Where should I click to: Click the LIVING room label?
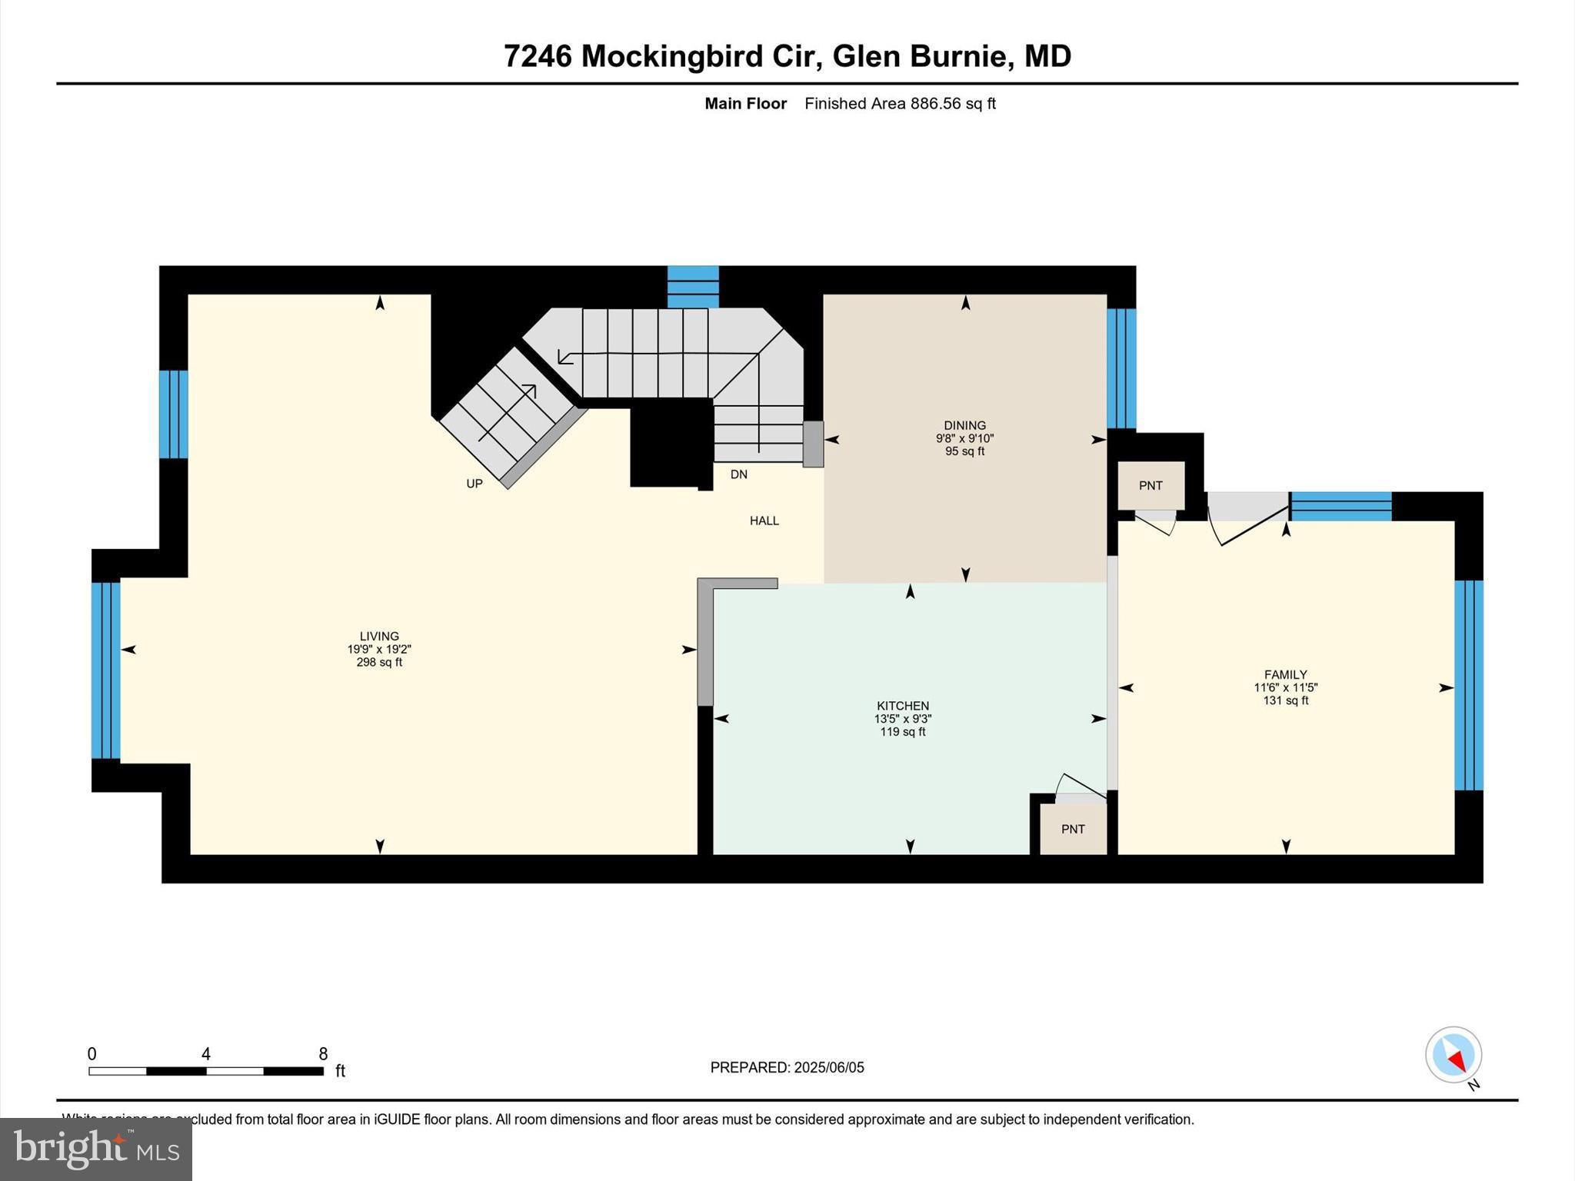coord(379,636)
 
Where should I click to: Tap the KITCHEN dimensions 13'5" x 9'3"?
coord(903,719)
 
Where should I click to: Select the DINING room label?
coord(964,425)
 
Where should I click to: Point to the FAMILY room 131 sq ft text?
coord(1285,700)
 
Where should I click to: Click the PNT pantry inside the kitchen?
coord(1073,829)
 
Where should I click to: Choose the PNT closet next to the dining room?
coord(1150,485)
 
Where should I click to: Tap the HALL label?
coord(764,521)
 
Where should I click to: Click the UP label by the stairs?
coord(474,484)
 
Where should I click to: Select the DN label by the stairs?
coord(738,474)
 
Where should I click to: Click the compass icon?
coord(1453,1055)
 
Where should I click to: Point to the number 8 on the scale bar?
coord(323,1054)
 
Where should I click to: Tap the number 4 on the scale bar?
coord(206,1054)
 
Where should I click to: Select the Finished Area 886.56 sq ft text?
coord(900,104)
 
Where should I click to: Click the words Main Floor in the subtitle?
coord(745,104)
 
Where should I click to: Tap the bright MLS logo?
coord(96,1149)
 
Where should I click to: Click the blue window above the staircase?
coord(692,286)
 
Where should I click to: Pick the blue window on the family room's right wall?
coord(1468,684)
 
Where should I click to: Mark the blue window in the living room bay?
coord(105,670)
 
